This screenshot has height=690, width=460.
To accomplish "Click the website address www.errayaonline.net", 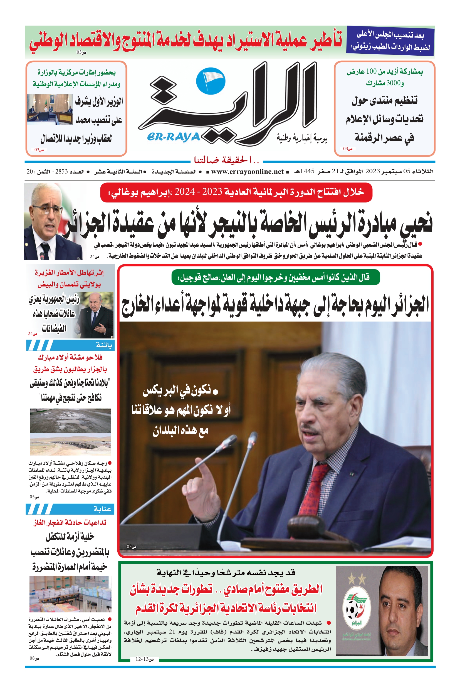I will pos(247,172).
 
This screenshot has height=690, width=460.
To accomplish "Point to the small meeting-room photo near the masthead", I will pos(50,109).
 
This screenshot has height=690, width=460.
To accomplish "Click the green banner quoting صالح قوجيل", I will pos(276,277).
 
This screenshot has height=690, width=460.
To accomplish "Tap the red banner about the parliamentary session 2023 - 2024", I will pos(236,192).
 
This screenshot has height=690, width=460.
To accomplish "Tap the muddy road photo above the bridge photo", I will pos(70,421).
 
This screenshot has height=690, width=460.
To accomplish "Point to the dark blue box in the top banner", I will pos(390,41).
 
